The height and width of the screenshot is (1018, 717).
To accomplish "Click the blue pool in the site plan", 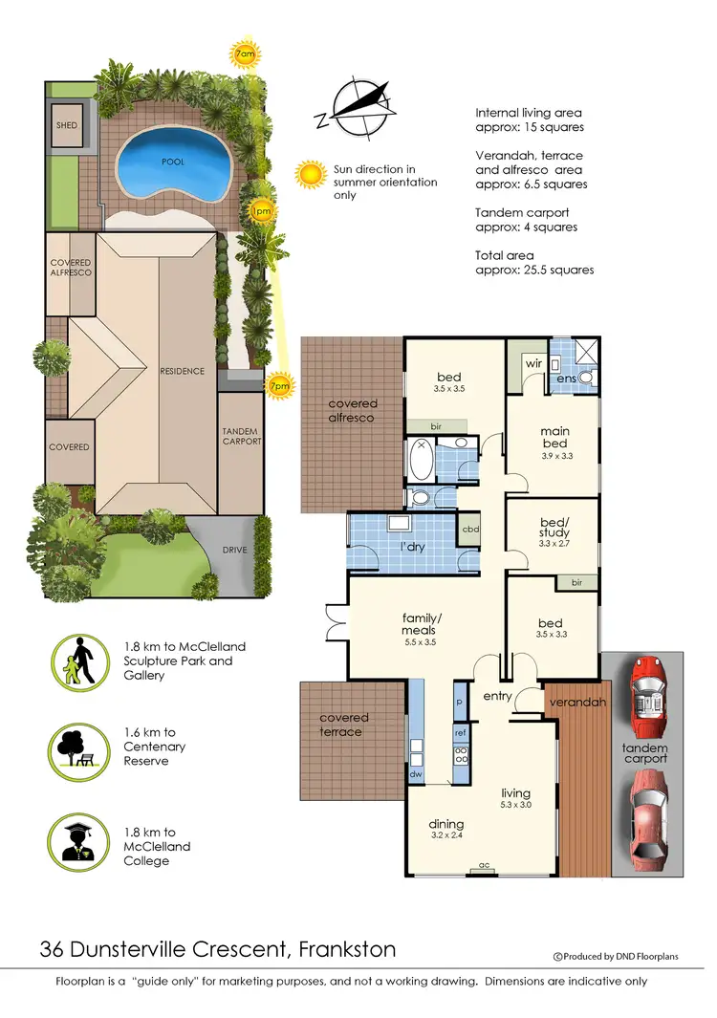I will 173,162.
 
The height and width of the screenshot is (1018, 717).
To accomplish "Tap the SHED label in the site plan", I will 66,125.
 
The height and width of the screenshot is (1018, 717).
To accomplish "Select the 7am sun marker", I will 245,56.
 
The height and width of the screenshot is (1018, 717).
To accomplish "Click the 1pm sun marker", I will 259,210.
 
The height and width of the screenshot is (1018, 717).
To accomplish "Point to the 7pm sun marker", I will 280,385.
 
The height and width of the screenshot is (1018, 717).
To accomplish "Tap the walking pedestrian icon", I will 78,661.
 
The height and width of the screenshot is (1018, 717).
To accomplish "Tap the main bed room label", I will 554,437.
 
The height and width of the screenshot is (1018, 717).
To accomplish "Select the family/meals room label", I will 419,624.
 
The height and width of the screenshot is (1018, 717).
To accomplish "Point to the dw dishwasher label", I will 416,775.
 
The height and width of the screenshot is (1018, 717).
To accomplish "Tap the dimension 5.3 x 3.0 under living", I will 515,806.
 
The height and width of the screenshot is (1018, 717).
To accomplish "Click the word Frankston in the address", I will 347,950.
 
